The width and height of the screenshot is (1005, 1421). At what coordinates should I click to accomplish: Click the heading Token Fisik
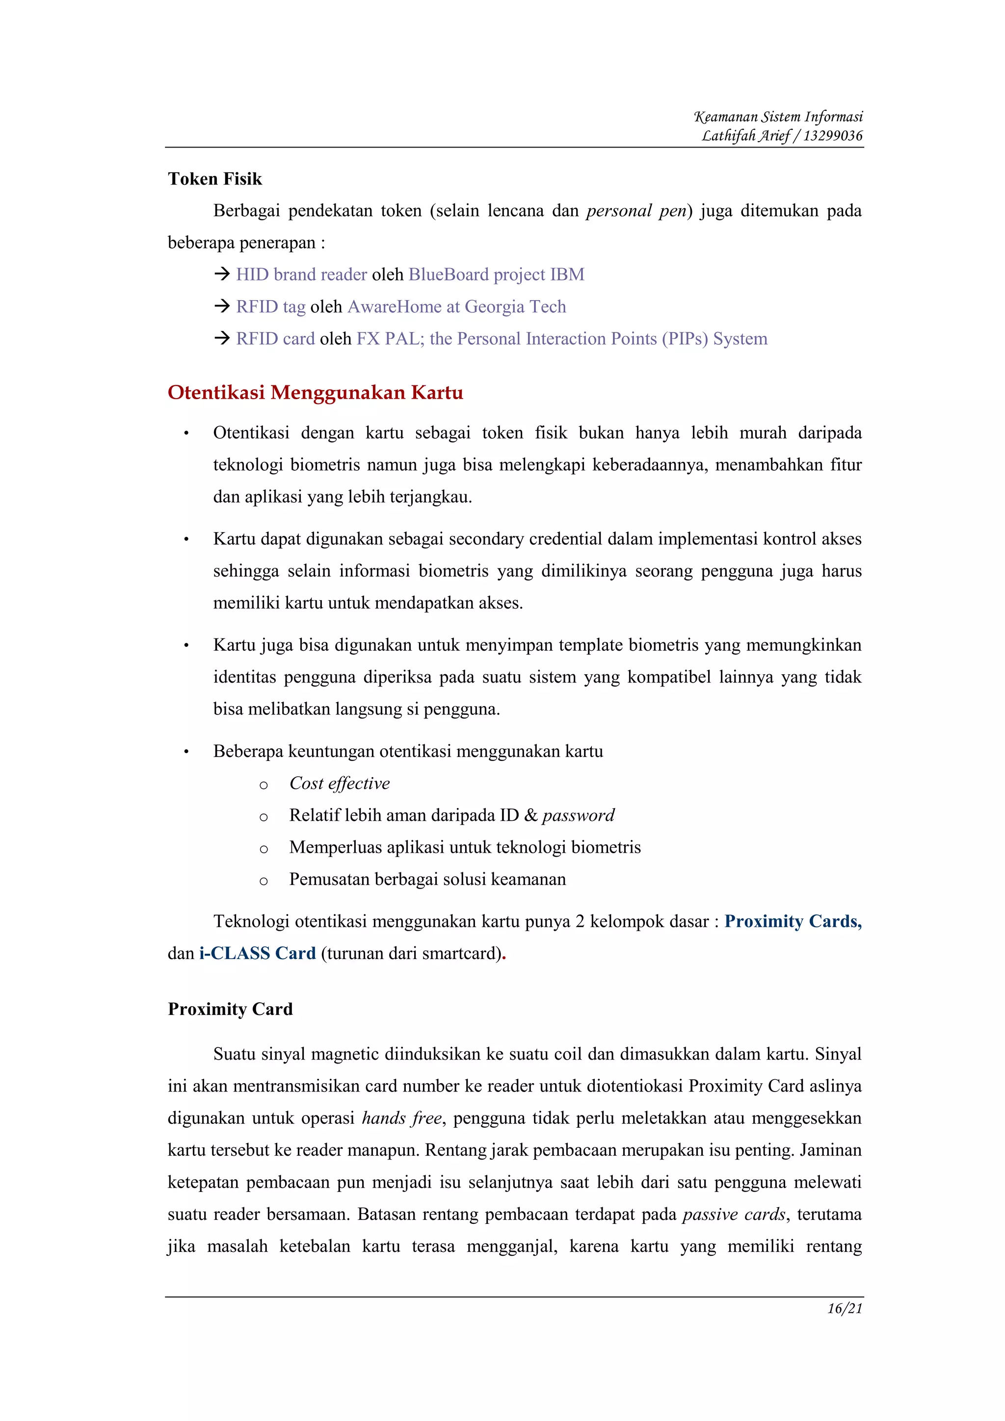click(215, 179)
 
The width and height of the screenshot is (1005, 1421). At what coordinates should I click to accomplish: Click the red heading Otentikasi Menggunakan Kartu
click(315, 392)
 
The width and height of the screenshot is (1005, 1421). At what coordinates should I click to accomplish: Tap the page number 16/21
click(845, 1308)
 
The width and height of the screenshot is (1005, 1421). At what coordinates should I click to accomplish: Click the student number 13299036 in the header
click(833, 135)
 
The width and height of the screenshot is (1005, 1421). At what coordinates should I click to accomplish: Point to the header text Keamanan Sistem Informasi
click(778, 116)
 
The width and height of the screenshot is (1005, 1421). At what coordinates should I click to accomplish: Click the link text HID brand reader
click(302, 274)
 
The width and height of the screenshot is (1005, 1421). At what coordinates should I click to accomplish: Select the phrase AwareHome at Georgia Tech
click(457, 306)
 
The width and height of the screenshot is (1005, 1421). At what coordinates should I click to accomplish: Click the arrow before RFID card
click(222, 338)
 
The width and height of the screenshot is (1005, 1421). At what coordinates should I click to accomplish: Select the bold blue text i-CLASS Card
click(258, 953)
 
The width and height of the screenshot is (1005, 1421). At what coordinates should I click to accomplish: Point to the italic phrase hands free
click(402, 1118)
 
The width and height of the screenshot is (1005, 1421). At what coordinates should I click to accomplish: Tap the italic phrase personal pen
click(636, 210)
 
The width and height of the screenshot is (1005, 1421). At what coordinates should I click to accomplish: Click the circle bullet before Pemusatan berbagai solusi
click(264, 881)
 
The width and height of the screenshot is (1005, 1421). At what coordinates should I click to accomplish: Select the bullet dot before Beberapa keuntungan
click(186, 752)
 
